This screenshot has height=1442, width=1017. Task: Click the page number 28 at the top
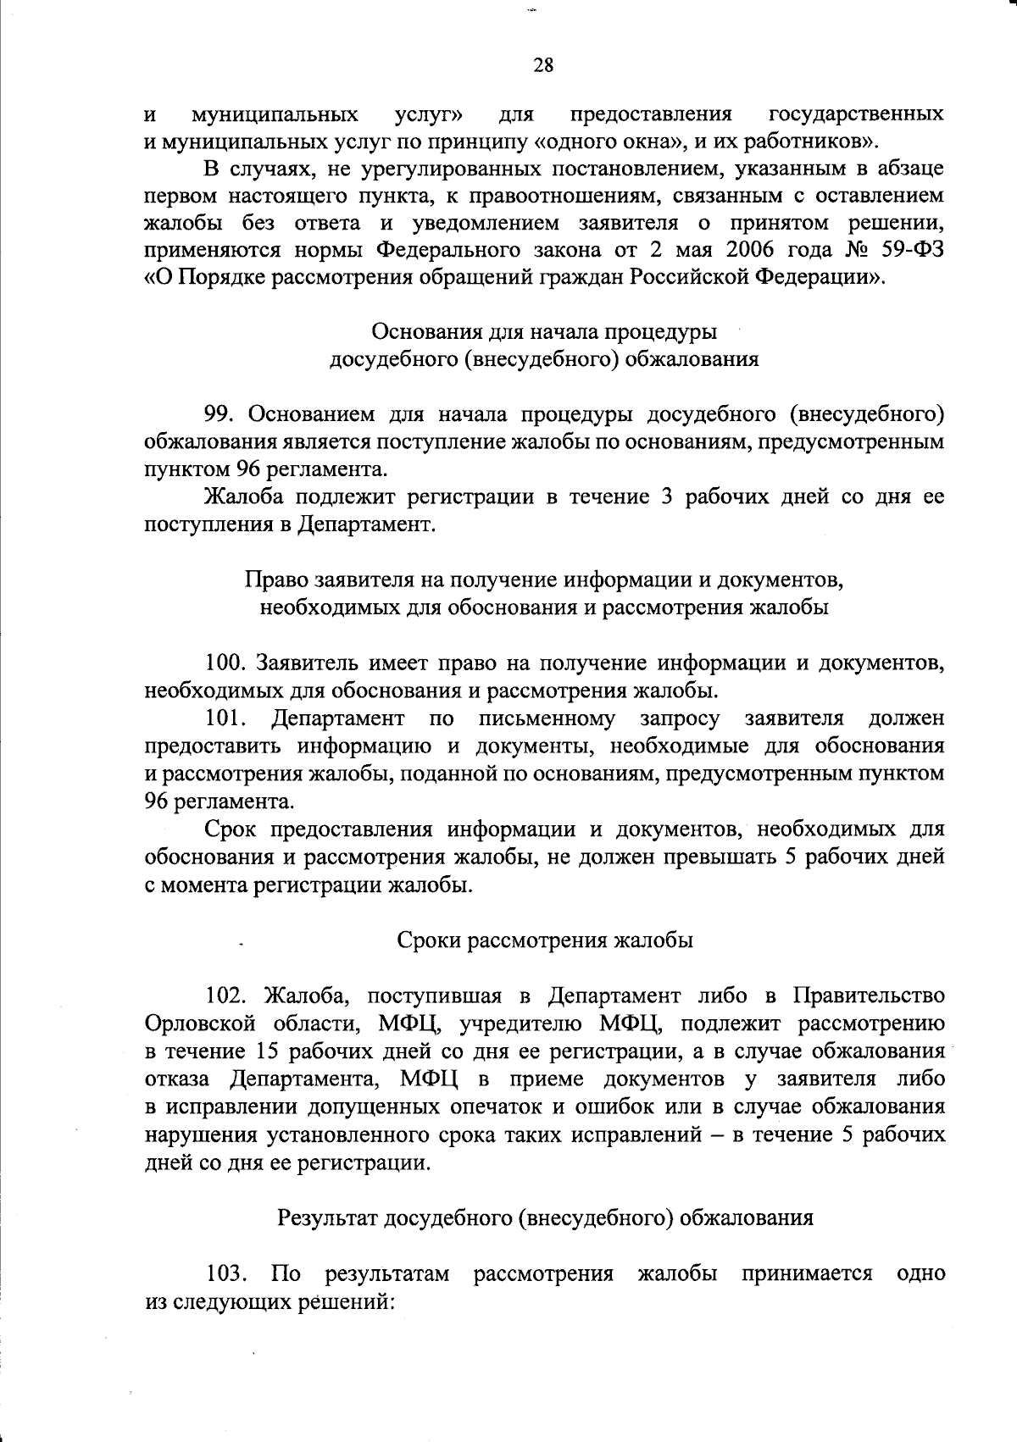(x=543, y=65)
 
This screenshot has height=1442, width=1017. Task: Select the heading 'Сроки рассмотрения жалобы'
(x=545, y=940)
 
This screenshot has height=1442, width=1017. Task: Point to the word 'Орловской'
(x=197, y=1023)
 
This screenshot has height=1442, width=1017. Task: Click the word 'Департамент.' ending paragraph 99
(x=367, y=524)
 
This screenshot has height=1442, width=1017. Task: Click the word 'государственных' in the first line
(x=856, y=114)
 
